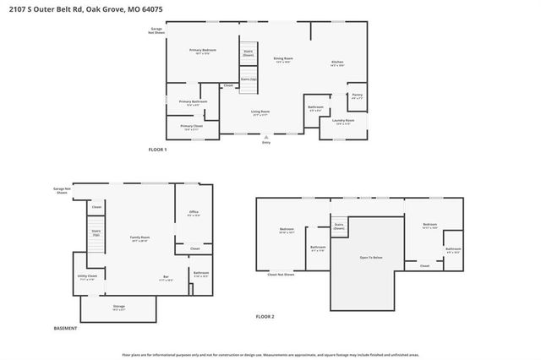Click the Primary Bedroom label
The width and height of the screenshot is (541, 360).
tap(202, 51)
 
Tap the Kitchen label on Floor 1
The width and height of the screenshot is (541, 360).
tap(336, 63)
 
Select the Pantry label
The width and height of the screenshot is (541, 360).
tap(358, 95)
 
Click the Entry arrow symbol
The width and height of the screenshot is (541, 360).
tap(266, 136)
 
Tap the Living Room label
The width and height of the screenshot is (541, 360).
tap(260, 112)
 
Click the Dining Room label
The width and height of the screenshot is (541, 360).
tap(283, 60)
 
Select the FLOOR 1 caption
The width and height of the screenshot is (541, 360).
tap(158, 150)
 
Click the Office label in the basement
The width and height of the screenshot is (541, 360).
tap(193, 212)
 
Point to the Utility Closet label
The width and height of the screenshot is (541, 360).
tap(87, 276)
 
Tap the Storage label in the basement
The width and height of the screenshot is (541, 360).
tap(118, 308)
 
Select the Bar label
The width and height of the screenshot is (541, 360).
tap(166, 278)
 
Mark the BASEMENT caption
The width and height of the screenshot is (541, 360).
tap(65, 328)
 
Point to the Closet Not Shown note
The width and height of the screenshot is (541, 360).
tap(281, 274)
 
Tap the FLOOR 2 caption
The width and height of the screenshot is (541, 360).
tap(265, 316)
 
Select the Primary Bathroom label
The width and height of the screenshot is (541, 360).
tap(193, 102)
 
